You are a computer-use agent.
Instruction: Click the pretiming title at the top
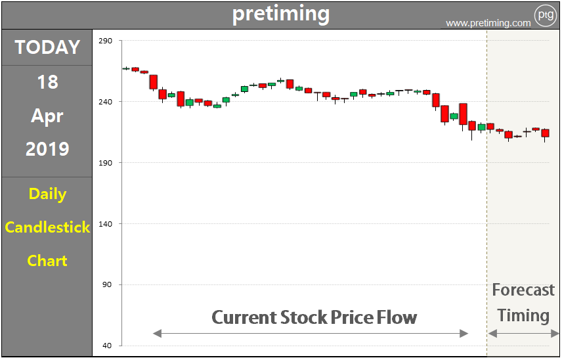point(281,14)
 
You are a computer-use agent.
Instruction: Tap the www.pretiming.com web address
point(488,23)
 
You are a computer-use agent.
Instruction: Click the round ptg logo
point(545,14)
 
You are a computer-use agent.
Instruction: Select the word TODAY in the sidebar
point(47,47)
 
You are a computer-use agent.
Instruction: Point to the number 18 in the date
point(47,82)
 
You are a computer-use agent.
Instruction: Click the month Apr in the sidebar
point(47,116)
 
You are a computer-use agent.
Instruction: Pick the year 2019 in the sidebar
point(47,149)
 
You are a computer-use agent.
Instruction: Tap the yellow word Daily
point(47,194)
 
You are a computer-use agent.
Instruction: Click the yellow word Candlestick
point(47,227)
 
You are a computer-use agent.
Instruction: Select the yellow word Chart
point(47,261)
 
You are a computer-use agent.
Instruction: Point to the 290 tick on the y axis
point(105,41)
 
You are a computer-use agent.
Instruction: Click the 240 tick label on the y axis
point(105,102)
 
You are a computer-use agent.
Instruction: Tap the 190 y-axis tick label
point(105,163)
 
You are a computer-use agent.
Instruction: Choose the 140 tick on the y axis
point(105,224)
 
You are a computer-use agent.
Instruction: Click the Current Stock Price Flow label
point(314,318)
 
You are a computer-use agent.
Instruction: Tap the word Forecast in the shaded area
point(523,290)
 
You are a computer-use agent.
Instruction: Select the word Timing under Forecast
point(523,315)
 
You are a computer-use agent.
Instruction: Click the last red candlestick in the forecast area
point(545,133)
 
